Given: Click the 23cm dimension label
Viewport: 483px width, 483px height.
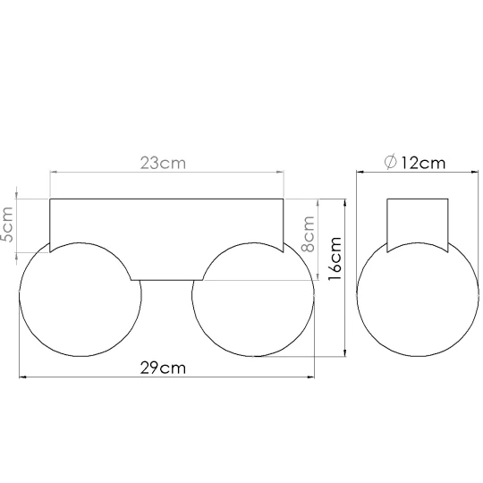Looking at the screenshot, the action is tap(163, 163).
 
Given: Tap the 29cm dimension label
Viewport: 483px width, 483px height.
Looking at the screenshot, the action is tap(163, 368).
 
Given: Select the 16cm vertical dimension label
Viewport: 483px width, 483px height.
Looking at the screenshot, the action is tap(335, 258).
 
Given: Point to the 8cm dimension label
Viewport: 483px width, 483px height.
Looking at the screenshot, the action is tap(308, 234).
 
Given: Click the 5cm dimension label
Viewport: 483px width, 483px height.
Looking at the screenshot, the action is tap(7, 225).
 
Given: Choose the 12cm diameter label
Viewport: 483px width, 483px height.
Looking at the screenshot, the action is tap(423, 163).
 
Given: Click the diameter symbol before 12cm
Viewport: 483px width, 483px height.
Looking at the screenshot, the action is tap(391, 162).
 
